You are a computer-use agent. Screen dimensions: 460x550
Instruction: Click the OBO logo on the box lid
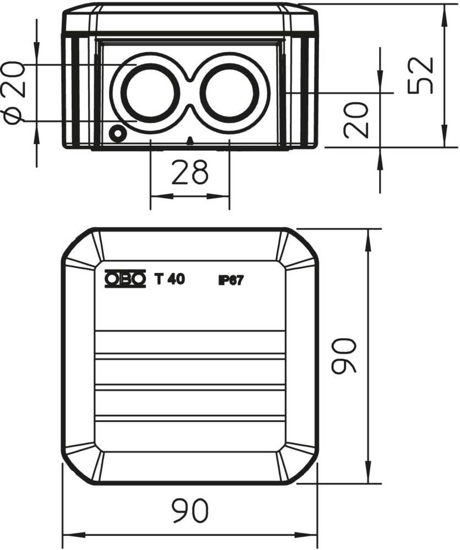(125, 279)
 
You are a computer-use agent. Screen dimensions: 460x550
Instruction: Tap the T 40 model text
(169, 279)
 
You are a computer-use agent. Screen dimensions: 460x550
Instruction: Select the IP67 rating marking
(231, 280)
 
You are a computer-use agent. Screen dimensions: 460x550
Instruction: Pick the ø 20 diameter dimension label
(14, 92)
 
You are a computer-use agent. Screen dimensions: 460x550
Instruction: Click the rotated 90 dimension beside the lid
(344, 356)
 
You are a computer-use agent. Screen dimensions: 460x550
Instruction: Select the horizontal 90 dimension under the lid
(190, 510)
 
